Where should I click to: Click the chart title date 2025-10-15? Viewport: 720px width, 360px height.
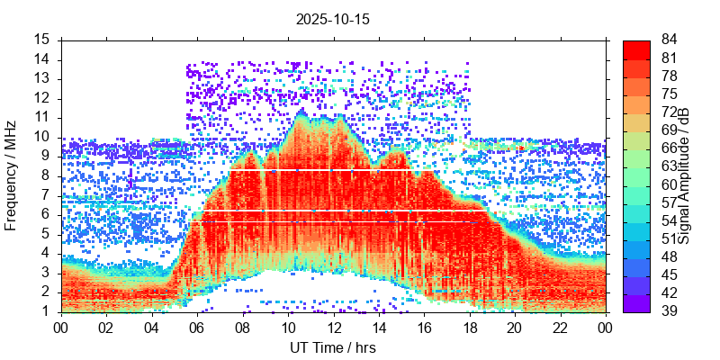pos(333,18)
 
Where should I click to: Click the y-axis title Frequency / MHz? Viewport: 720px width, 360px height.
pos(12,175)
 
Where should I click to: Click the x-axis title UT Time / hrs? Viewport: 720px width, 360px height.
pos(333,347)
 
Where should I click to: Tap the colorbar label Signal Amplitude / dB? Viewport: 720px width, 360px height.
pos(684,175)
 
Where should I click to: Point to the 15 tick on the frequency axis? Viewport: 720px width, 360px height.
pos(43,40)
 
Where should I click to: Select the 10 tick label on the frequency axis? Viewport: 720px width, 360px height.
pos(43,137)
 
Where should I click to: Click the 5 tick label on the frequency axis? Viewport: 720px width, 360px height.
pos(47,234)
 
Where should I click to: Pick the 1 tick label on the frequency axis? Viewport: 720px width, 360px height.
pos(47,311)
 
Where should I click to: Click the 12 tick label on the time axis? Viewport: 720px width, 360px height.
pos(333,328)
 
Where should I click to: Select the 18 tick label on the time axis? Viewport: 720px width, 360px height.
pos(469,328)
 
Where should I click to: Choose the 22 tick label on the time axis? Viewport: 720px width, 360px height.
pos(559,328)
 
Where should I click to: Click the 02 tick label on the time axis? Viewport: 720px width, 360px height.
pos(106,328)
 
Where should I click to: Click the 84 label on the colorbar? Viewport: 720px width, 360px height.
pos(670,40)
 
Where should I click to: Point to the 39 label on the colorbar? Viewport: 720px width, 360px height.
pos(670,311)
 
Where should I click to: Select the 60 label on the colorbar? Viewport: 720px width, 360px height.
pos(670,184)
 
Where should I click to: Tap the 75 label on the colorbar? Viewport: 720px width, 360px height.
pos(670,94)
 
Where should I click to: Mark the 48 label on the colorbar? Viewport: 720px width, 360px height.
pos(670,257)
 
